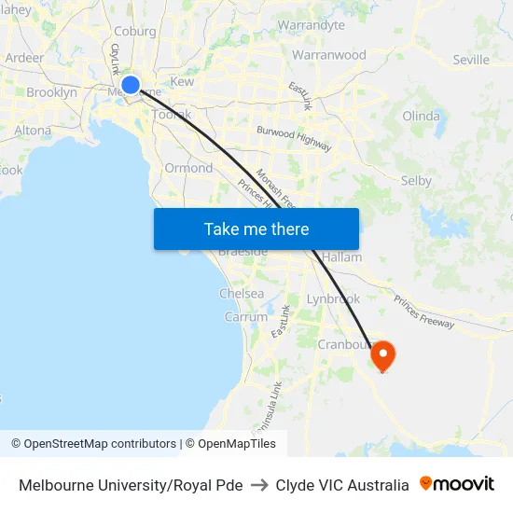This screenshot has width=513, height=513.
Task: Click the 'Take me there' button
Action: click(256, 229)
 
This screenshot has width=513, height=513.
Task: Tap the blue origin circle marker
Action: click(131, 85)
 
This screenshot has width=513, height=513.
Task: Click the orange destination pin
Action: click(382, 355)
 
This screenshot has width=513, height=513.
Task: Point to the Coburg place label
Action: click(135, 31)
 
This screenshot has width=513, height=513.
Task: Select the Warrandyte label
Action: click(312, 25)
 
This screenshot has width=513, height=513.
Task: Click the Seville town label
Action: click(471, 60)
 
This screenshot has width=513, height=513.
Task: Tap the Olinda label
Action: click(421, 117)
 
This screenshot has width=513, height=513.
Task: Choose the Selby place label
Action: click(415, 180)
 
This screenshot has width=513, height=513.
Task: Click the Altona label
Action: click(33, 131)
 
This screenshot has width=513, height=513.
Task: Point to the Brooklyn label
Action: click(51, 92)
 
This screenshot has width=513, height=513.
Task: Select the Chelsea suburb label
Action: click(242, 293)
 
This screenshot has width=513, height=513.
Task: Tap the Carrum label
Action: click(245, 317)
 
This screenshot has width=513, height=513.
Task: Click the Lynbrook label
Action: click(333, 299)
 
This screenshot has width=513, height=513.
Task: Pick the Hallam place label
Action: click(341, 256)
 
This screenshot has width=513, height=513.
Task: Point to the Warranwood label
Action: click(329, 55)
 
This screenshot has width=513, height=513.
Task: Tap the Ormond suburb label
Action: click(188, 168)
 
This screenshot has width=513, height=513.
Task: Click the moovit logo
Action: click(457, 484)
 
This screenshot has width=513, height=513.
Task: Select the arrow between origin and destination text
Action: click(259, 485)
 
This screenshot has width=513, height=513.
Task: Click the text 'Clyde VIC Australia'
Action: click(342, 485)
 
